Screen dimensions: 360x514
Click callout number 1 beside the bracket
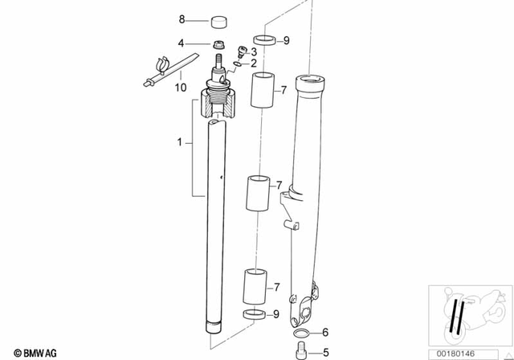click(x=181, y=142)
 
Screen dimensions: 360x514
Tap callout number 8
click(x=181, y=18)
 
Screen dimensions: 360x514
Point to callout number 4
click(x=181, y=43)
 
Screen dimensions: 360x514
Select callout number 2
click(x=253, y=63)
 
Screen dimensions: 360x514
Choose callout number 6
click(x=325, y=332)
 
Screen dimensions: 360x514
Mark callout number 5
click(x=325, y=351)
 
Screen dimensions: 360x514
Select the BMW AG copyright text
click(x=31, y=352)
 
